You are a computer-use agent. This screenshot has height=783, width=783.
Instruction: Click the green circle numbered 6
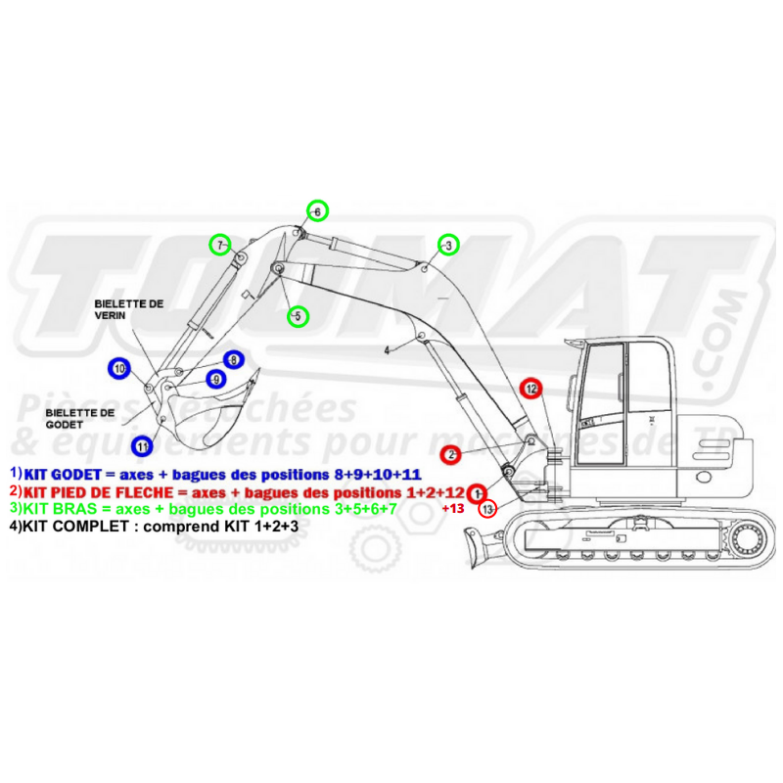[316, 210]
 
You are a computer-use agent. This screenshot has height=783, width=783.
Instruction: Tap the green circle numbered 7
[221, 244]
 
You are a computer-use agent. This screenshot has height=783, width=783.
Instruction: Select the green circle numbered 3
[447, 246]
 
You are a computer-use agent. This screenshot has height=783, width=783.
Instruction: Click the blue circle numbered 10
[119, 369]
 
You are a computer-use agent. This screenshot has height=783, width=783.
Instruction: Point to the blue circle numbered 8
[233, 360]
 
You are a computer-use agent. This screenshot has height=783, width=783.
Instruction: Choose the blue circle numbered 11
[143, 446]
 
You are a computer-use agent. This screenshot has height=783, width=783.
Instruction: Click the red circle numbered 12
[530, 389]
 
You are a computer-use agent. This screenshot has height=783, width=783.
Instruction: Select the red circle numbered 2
[450, 454]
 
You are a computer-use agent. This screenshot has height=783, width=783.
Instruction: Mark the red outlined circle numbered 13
[487, 508]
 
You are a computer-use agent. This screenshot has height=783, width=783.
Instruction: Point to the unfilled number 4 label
[388, 349]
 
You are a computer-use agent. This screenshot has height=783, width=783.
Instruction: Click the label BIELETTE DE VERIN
[128, 310]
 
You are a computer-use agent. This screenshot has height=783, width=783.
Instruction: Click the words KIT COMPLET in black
[69, 527]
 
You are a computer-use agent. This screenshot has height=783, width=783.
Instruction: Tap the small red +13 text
[452, 509]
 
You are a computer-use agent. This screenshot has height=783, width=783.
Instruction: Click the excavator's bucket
[210, 416]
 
